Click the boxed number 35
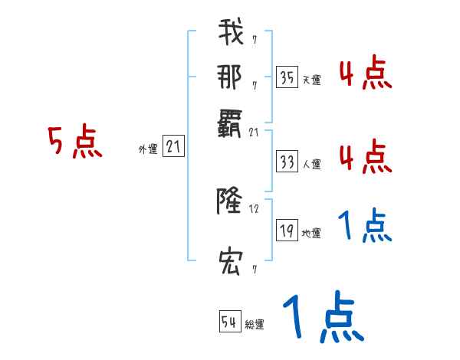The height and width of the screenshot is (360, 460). tap(287, 77)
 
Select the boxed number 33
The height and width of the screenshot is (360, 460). tap(287, 162)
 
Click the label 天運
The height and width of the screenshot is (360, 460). tap(311, 79)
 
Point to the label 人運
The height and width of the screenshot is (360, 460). tap(311, 164)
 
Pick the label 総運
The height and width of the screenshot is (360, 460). tap(255, 324)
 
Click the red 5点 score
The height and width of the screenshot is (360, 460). tap(75, 141)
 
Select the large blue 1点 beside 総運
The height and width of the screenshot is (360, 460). tap(322, 316)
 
